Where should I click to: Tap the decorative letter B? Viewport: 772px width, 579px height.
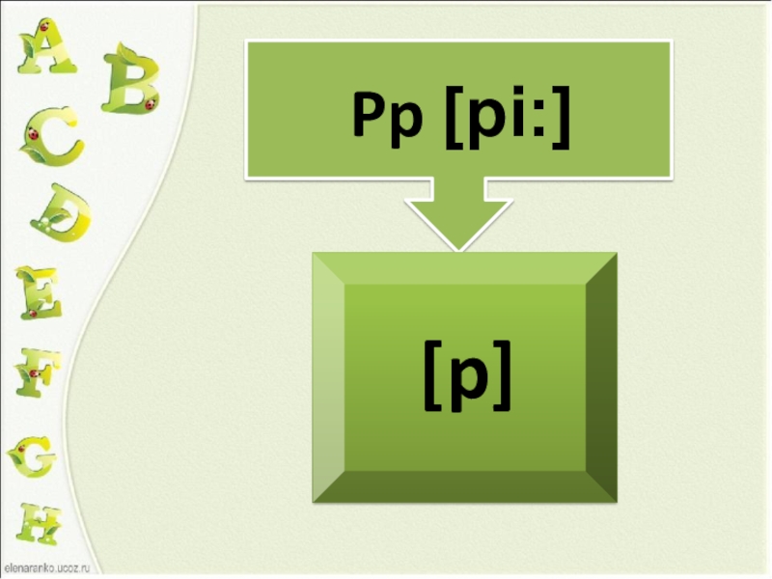click(x=129, y=79)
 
